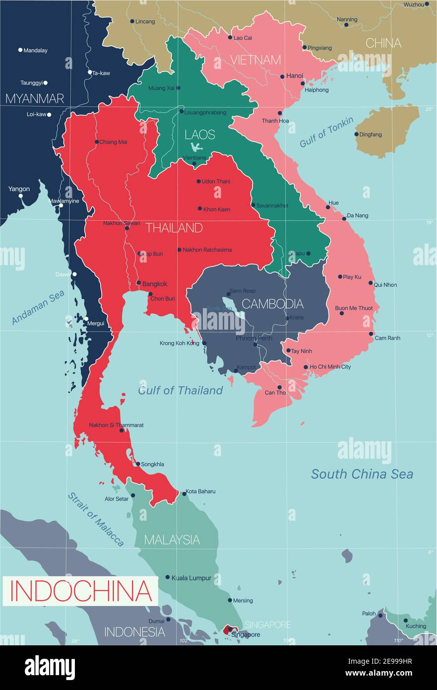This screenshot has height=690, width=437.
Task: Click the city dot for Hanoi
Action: point(282,76)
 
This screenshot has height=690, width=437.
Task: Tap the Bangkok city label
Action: point(155,284)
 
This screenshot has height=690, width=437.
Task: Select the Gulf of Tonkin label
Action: point(326,132)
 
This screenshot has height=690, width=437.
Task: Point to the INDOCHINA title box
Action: point(80,590)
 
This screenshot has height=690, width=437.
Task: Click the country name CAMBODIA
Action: point(272,303)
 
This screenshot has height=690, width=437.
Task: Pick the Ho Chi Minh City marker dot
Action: point(306,367)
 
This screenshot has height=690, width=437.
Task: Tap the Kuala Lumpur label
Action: point(191,578)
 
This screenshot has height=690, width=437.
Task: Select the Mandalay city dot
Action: point(20,50)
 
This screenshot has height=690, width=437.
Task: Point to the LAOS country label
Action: point(200,134)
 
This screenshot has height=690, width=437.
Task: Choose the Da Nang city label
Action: point(357,215)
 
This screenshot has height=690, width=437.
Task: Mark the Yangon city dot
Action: point(21,196)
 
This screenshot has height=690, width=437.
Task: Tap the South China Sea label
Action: point(362,474)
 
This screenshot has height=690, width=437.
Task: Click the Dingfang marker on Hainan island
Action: point(356,134)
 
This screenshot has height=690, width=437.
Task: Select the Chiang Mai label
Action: point(113,142)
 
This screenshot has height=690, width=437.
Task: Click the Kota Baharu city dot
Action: point(184,493)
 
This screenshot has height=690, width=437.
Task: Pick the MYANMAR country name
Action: point(35,98)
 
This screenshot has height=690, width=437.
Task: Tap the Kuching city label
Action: point(416,626)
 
